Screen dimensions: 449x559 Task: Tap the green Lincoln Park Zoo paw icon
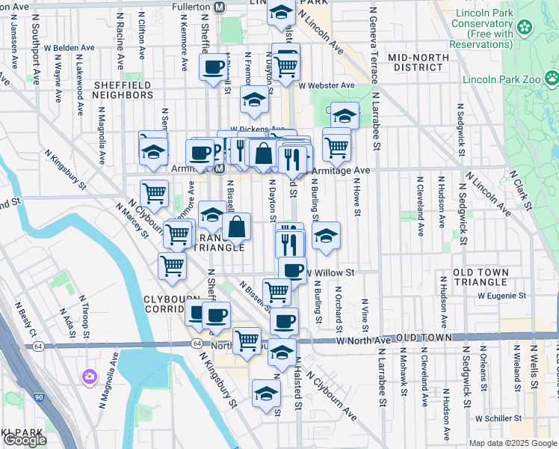point(552,77)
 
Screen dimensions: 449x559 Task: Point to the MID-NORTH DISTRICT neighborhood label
point(411,62)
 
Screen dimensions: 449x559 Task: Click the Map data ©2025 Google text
point(512,443)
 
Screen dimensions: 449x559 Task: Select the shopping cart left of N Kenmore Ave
point(154,192)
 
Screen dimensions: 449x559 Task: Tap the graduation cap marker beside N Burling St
point(326,236)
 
